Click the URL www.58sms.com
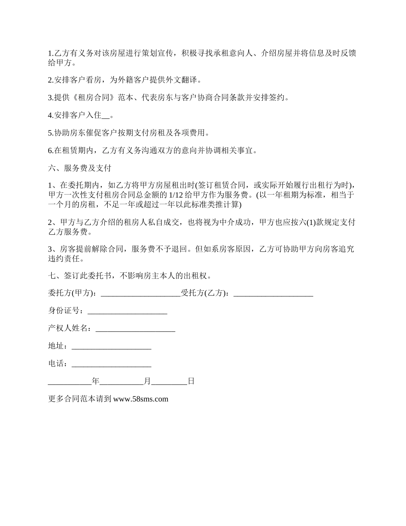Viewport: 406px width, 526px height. click(x=141, y=399)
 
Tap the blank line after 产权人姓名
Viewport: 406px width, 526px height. click(x=135, y=329)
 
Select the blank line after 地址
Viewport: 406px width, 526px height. click(x=111, y=346)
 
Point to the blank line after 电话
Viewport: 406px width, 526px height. click(x=111, y=364)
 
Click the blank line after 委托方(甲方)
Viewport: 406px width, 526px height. click(x=141, y=293)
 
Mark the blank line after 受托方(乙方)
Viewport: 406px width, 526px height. click(x=274, y=293)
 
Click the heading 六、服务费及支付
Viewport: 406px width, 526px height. click(x=80, y=168)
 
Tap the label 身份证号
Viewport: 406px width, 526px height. click(x=64, y=311)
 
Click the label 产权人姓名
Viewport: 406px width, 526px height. click(x=68, y=328)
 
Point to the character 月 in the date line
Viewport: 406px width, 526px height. click(x=147, y=381)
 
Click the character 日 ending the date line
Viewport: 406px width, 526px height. click(x=191, y=381)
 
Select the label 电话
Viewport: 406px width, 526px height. click(x=56, y=363)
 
